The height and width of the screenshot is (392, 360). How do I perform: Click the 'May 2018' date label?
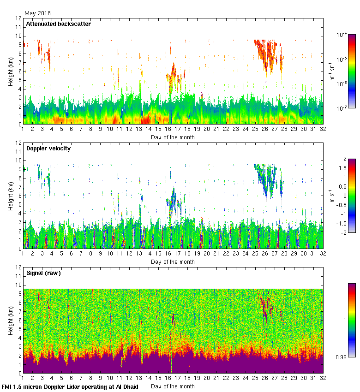pyautogui.click(x=37, y=13)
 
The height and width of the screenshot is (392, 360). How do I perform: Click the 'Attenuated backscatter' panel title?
pyautogui.click(x=58, y=24)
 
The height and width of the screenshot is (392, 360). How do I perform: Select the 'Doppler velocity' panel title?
pyautogui.click(x=48, y=148)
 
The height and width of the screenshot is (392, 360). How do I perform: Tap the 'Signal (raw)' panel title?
pyautogui.click(x=43, y=273)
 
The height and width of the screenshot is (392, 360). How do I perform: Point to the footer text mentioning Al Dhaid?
pyautogui.click(x=70, y=386)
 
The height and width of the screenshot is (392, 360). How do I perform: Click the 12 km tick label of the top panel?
pyautogui.click(x=18, y=18)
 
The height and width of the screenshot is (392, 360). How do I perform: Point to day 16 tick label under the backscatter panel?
pyautogui.click(x=168, y=130)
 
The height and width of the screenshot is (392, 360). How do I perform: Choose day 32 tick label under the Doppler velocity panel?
pyautogui.click(x=323, y=255)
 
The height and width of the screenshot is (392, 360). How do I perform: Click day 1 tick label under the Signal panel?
pyautogui.click(x=23, y=379)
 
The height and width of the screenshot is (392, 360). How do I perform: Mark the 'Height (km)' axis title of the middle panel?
pyautogui.click(x=11, y=196)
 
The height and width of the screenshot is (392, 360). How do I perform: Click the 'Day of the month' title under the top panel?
pyautogui.click(x=173, y=137)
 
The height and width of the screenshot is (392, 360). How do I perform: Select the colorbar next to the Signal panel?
pyautogui.click(x=351, y=320)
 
